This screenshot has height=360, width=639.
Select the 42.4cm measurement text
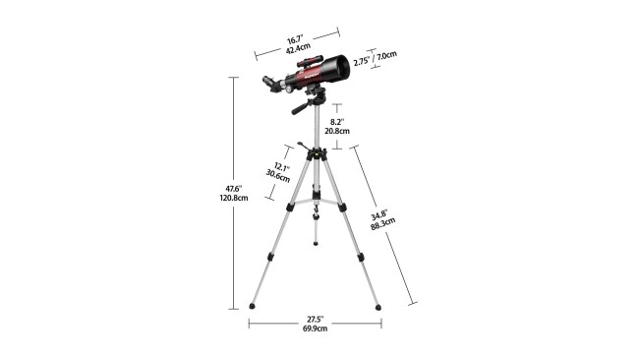tap(296, 49)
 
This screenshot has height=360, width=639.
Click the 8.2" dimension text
tap(337, 121)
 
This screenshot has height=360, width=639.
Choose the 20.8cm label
tap(337, 131)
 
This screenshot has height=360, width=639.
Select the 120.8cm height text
tap(233, 198)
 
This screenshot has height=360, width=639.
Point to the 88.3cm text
tap(382, 223)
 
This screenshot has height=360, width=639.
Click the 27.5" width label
tap(316, 319)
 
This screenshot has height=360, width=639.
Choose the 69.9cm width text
tap(316, 329)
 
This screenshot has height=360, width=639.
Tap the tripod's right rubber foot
tap(378, 306)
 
